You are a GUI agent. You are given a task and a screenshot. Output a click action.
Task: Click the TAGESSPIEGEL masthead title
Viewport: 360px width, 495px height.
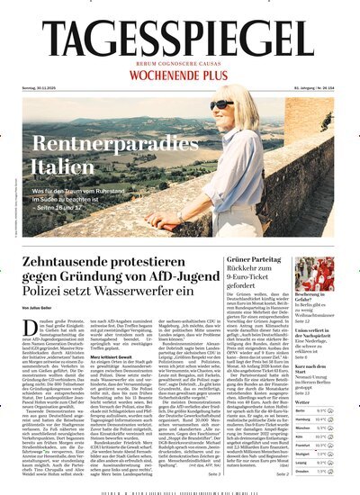tap(180, 40)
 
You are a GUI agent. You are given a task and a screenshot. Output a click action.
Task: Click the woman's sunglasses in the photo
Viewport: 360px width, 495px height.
tap(221, 104)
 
